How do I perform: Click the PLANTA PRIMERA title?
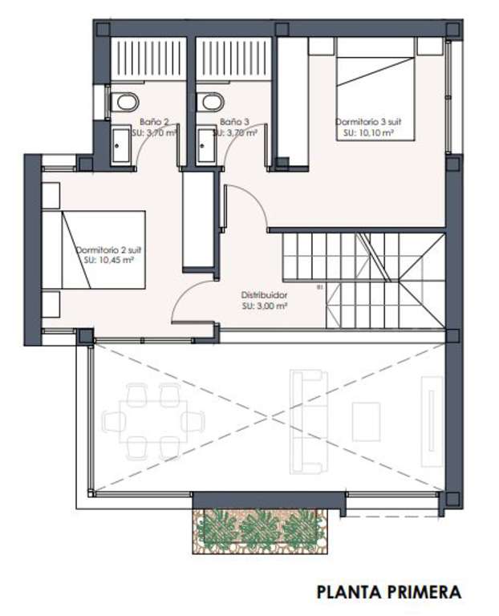tap(389, 592)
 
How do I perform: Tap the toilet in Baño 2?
tap(124, 102)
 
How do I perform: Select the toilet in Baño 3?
tap(210, 102)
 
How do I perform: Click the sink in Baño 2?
tap(120, 145)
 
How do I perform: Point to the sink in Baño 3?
tap(206, 145)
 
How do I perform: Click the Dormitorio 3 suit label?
tap(368, 122)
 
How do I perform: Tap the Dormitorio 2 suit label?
tap(108, 250)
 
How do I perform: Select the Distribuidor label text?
tap(264, 294)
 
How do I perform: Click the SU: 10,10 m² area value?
tap(368, 133)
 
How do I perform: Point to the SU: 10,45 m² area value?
tap(109, 260)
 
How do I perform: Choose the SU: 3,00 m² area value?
tap(264, 306)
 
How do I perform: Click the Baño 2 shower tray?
tap(148, 59)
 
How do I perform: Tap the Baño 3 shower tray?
tap(233, 59)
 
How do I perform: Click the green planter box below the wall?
tap(260, 531)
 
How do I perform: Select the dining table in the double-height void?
tap(153, 422)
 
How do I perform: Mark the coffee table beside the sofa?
tap(366, 422)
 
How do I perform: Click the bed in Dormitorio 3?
tap(375, 89)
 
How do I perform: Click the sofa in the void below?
tap(309, 422)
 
